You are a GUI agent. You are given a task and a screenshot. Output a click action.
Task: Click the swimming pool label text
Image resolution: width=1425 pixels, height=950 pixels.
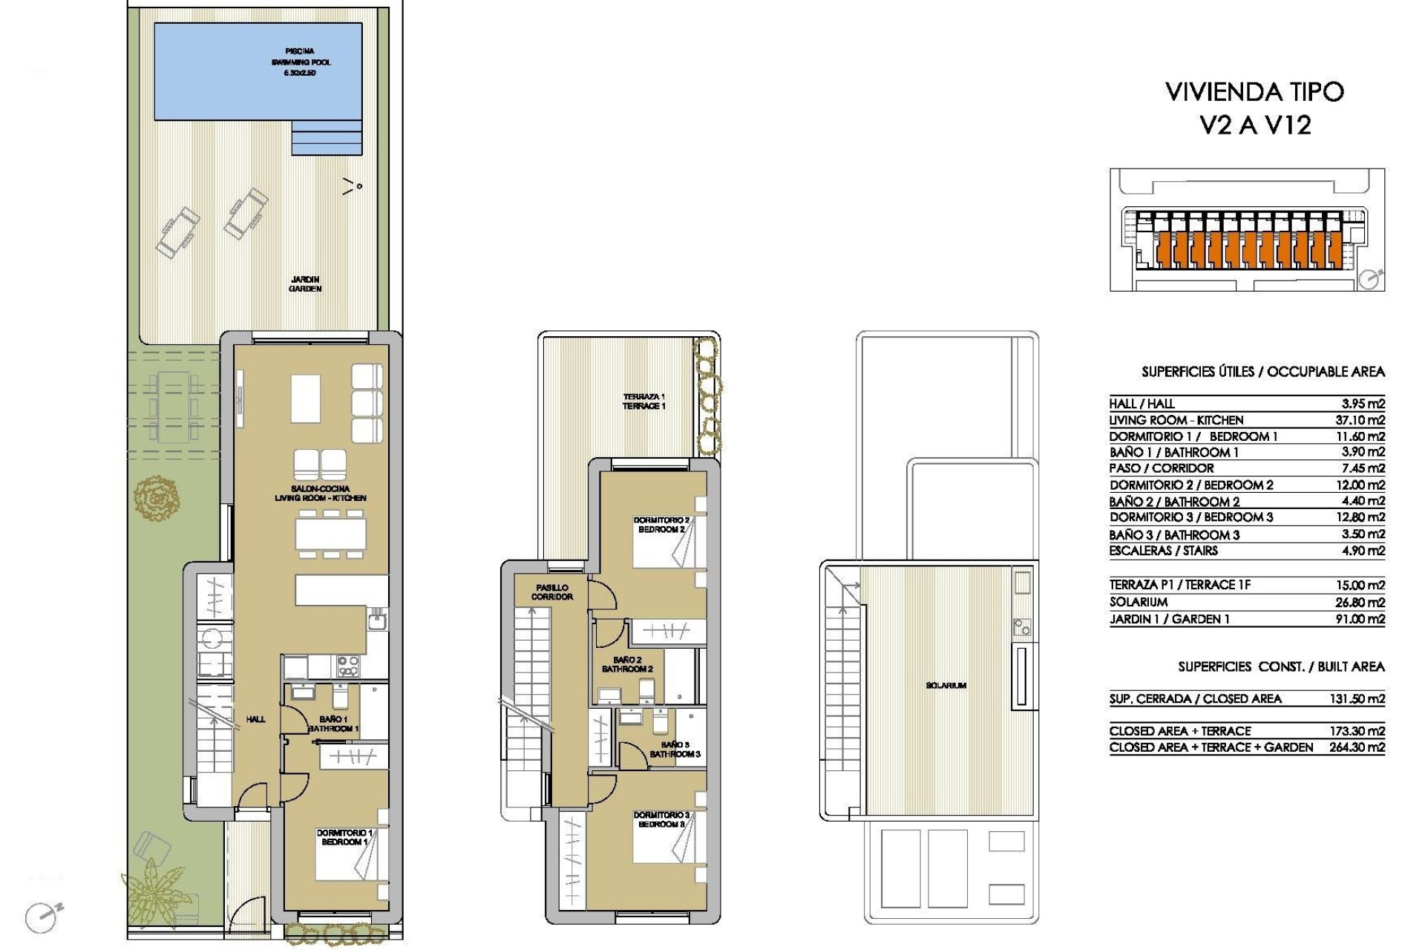pyautogui.click(x=301, y=62)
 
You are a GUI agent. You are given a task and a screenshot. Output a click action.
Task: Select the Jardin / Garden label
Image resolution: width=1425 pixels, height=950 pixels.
pyautogui.click(x=305, y=284)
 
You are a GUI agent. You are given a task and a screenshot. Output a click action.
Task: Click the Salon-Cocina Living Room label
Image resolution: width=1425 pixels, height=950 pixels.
pyautogui.click(x=321, y=494)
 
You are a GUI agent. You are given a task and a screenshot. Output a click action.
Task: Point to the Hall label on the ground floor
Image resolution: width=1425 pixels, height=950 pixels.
pyautogui.click(x=255, y=719)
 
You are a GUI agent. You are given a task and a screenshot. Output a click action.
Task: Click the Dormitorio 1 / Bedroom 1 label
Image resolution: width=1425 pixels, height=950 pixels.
pyautogui.click(x=344, y=837)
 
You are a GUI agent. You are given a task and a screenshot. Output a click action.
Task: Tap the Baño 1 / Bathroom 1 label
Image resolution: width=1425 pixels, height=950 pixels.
pyautogui.click(x=333, y=724)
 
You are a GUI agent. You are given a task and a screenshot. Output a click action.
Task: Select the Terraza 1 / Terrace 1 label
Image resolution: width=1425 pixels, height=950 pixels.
pyautogui.click(x=644, y=402)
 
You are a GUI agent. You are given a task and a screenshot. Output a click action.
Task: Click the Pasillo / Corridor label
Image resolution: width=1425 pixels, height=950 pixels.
pyautogui.click(x=552, y=592)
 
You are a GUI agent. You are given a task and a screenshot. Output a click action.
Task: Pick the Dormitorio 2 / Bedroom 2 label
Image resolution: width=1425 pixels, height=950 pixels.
pyautogui.click(x=661, y=525)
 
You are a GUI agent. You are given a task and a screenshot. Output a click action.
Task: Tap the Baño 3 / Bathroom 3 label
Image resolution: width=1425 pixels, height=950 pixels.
pyautogui.click(x=675, y=749)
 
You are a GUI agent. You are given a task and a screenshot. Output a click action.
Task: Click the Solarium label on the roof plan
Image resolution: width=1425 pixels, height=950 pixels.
pyautogui.click(x=946, y=686)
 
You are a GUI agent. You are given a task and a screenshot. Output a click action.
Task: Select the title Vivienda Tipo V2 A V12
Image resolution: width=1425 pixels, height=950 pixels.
pyautogui.click(x=1255, y=108)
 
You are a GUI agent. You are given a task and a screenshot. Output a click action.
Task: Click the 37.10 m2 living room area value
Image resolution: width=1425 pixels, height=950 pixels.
pyautogui.click(x=1360, y=420)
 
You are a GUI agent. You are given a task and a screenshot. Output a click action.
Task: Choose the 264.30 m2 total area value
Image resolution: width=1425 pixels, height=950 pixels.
pyautogui.click(x=1357, y=748)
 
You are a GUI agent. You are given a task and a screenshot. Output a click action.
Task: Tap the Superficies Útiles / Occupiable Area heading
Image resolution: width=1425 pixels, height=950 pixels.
pyautogui.click(x=1262, y=372)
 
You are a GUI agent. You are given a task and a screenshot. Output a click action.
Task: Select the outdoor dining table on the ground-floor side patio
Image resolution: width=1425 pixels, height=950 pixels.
pyautogui.click(x=174, y=407)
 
